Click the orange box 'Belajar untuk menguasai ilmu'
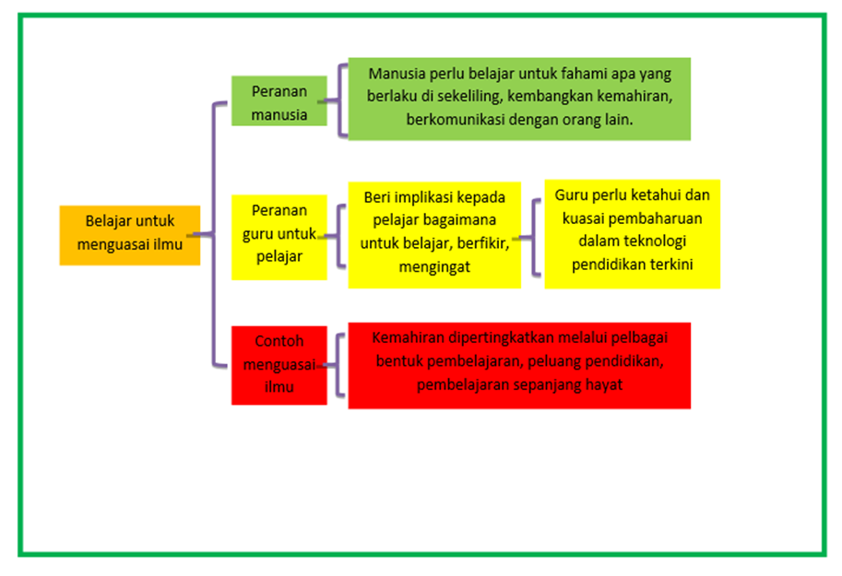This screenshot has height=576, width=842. pyautogui.click(x=130, y=234)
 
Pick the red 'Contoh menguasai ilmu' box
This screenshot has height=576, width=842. pyautogui.click(x=279, y=364)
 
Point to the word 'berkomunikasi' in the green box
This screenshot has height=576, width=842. pyautogui.click(x=452, y=120)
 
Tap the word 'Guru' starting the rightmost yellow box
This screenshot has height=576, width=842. pyautogui.click(x=572, y=195)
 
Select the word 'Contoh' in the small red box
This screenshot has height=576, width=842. pyautogui.click(x=279, y=341)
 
